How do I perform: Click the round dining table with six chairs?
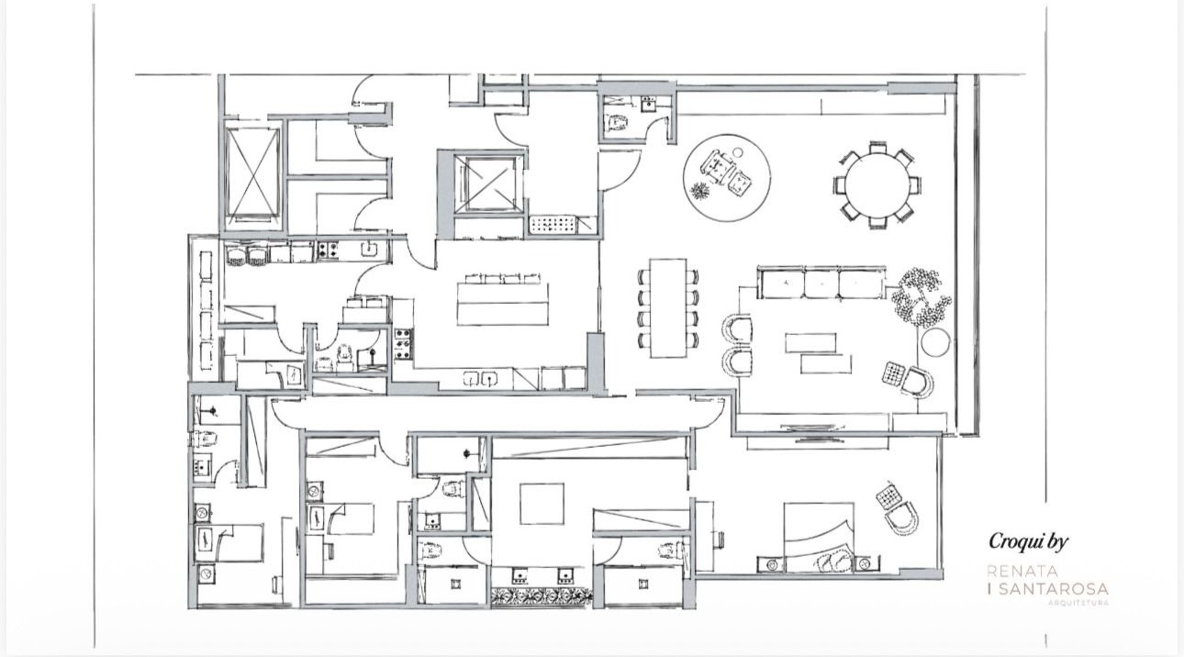coord(877,184)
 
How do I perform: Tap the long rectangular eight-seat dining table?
coord(668,307)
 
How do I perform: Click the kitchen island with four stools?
coord(502,302)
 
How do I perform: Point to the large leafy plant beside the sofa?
coord(919,295)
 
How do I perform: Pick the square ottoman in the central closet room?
coord(542,503)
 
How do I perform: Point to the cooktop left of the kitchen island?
coord(403,341)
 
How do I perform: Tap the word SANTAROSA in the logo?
coord(1053,589)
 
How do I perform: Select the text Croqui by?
coord(1028,542)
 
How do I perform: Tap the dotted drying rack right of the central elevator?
coord(553,225)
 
